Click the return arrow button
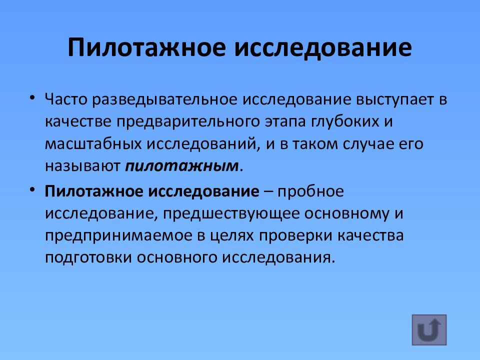click(429, 330)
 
